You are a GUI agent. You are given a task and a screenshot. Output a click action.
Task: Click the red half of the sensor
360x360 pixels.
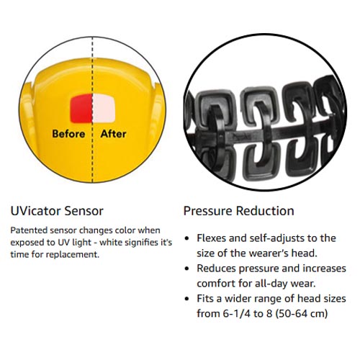81,108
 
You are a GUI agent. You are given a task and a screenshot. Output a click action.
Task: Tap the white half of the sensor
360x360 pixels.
104,108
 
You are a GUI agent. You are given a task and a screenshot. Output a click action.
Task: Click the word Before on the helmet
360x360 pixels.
68,134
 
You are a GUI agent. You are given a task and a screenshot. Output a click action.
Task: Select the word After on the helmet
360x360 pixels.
114,134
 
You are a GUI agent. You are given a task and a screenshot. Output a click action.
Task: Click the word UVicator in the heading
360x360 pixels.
35,211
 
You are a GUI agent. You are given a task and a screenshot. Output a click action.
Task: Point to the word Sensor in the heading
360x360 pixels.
84,211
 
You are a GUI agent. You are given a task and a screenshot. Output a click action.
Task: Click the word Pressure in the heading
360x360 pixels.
208,211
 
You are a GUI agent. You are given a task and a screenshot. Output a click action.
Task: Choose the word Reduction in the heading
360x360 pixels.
265,211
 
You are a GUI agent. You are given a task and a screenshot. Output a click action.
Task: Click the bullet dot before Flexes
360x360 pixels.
187,238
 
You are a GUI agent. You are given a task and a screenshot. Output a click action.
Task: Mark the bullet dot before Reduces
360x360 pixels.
187,269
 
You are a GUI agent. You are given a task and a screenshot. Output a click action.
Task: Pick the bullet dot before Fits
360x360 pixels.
187,299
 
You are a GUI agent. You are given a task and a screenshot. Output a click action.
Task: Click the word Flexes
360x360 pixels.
211,238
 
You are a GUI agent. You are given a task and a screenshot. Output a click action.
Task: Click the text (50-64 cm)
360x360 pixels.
302,314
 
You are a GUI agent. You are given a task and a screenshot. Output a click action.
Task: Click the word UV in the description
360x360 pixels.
63,243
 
